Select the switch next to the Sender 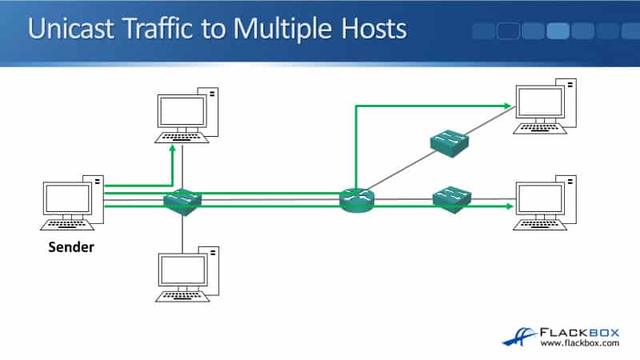click(x=183, y=202)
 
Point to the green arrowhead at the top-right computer click(x=507, y=105)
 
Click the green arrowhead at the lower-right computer click(x=507, y=206)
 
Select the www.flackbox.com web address click(x=580, y=344)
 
